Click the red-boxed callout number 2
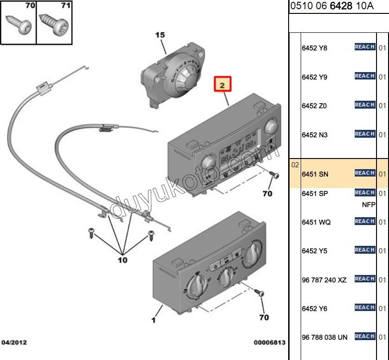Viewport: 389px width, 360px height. coord(222,85)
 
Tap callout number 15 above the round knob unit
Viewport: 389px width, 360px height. coord(160,35)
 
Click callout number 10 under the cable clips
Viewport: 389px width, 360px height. coord(122,260)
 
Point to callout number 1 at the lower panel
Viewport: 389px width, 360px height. coord(154,319)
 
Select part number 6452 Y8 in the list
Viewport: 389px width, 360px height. coord(315,48)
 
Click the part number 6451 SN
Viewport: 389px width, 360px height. coord(315,174)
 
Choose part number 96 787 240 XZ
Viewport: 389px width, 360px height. coord(324,280)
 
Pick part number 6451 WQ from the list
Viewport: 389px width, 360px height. coord(316,222)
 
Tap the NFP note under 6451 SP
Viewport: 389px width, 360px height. coord(369,205)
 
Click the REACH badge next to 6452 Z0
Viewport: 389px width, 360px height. coord(364,105)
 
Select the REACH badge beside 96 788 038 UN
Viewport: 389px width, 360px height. coord(364,336)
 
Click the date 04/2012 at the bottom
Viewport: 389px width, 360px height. coord(14,342)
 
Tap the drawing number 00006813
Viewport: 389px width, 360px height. coord(269,342)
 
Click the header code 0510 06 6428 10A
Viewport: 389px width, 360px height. coord(332,6)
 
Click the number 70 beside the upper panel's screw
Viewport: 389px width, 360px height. coord(267,194)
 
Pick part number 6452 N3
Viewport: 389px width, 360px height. coord(315,135)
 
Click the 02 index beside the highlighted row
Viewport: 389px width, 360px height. coord(295,165)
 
